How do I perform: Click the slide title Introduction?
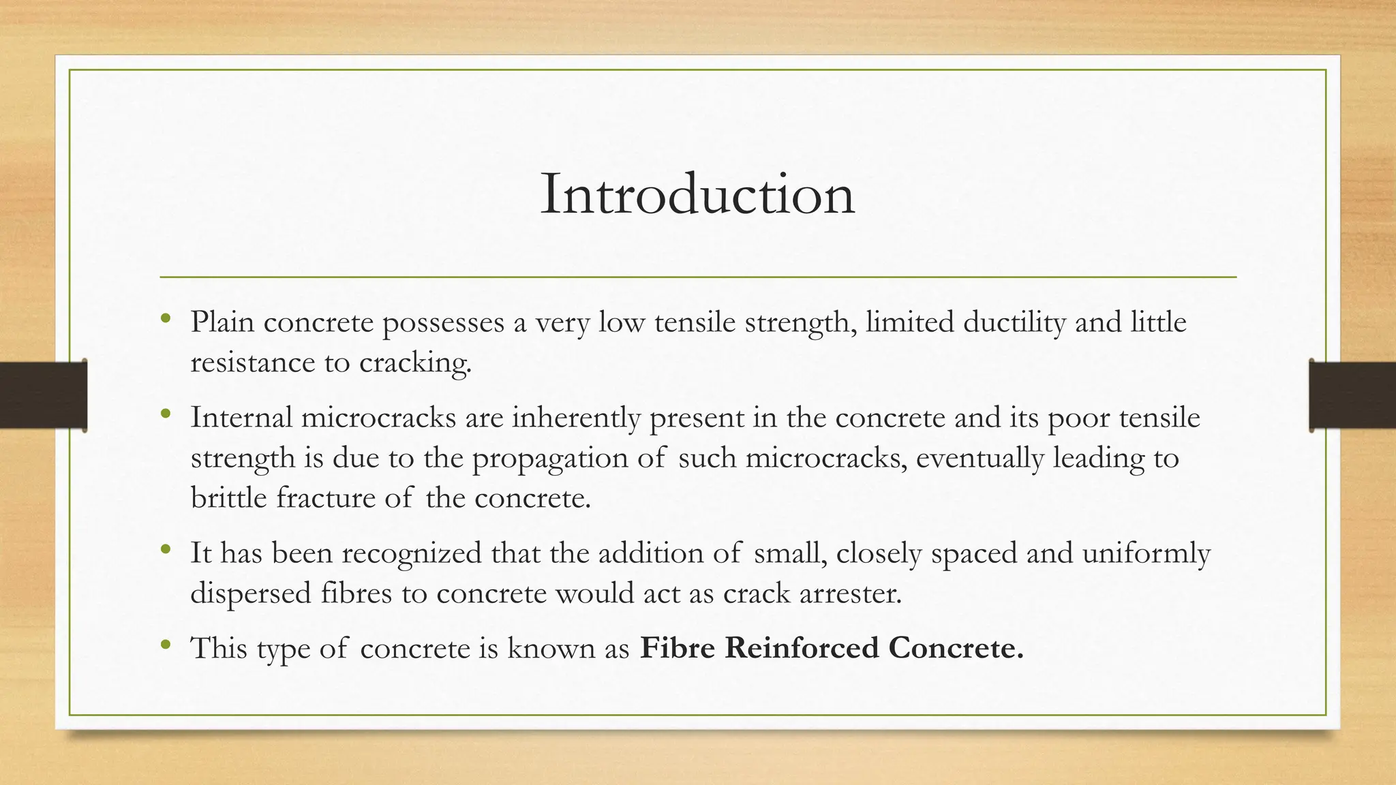click(x=697, y=195)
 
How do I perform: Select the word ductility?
click(x=1014, y=322)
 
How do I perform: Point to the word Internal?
click(x=241, y=417)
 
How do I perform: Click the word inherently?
click(x=576, y=417)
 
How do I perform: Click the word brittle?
click(x=228, y=498)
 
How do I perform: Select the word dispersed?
click(x=251, y=594)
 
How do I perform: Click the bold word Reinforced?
click(x=802, y=647)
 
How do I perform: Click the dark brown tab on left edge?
click(x=43, y=395)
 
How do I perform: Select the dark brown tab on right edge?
click(x=1352, y=395)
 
